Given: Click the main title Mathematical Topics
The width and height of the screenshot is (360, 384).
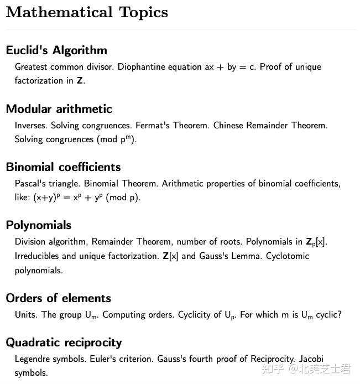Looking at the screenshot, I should tap(87, 12).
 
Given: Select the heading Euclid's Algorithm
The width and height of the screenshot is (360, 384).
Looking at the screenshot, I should tap(56, 50).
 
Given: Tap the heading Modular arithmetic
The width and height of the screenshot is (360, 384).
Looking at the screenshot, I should tap(59, 108).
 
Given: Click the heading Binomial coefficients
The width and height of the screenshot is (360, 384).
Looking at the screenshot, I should tap(63, 167).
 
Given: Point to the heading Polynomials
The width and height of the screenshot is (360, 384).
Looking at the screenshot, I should tap(39, 225).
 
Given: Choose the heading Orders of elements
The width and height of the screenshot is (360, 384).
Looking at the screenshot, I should tap(58, 298).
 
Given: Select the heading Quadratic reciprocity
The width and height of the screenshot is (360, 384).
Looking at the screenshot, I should tap(64, 342).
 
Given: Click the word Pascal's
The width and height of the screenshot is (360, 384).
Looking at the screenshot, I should tap(30, 184).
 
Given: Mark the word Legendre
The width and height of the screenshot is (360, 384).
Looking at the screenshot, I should tap(33, 359).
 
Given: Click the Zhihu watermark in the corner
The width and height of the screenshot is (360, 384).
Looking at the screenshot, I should tap(306, 369).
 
